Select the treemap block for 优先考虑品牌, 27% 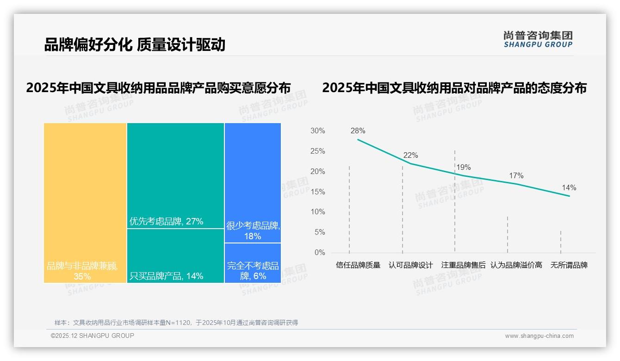[x=175, y=176]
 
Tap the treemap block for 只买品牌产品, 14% [x=175, y=255]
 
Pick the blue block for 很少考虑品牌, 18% [x=253, y=183]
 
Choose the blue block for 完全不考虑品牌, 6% [x=253, y=263]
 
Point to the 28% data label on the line [x=358, y=131]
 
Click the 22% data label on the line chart [x=410, y=156]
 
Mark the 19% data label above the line [x=463, y=168]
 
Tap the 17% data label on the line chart [x=516, y=176]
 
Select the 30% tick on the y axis [x=317, y=131]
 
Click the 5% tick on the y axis [x=319, y=232]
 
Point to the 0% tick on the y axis [x=319, y=253]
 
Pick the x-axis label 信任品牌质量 [x=358, y=265]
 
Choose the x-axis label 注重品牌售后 [x=463, y=265]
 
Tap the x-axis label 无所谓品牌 [x=569, y=265]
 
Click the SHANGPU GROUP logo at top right [x=538, y=39]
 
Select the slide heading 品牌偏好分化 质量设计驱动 [x=135, y=44]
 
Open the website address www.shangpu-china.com [x=539, y=336]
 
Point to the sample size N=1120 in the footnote [x=175, y=323]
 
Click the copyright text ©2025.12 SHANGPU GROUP [x=93, y=336]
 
